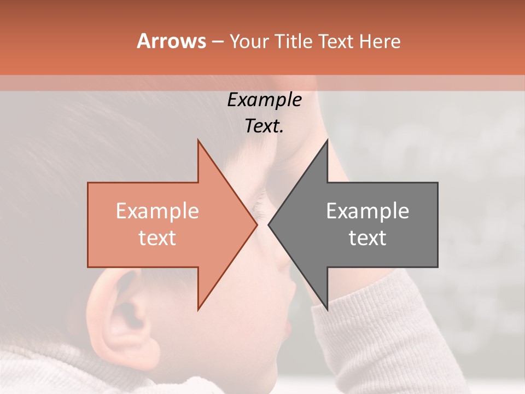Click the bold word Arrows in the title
171,41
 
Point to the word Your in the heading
250,41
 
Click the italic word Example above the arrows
264,100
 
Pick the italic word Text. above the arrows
264,126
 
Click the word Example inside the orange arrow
157,211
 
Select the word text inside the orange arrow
157,238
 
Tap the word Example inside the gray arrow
367,211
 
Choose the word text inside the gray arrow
367,238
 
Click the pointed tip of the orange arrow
256,224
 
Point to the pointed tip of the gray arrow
269,224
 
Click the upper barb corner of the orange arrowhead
198,141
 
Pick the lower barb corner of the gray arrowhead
327,309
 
